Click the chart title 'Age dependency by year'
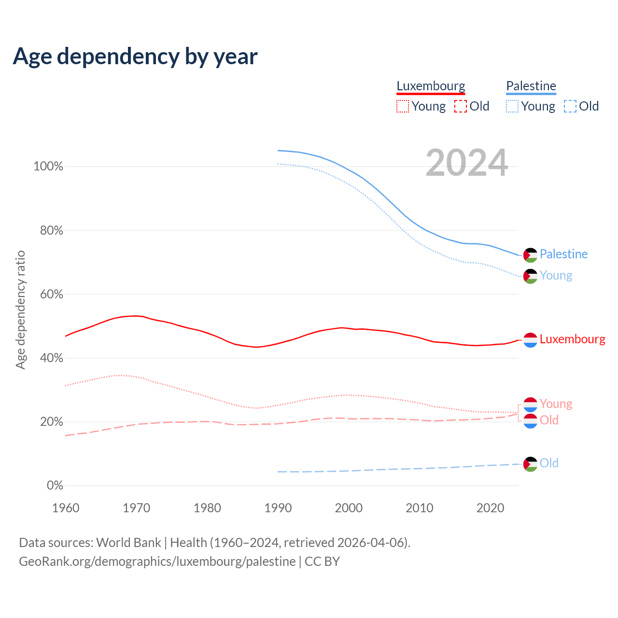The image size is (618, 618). click(135, 56)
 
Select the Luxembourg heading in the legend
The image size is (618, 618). click(431, 86)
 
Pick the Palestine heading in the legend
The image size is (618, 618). click(531, 86)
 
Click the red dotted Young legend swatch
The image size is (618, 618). click(403, 106)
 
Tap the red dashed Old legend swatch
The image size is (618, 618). click(461, 106)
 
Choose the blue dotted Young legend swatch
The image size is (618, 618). click(512, 106)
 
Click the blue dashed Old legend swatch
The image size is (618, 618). click(570, 106)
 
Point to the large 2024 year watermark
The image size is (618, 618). click(466, 163)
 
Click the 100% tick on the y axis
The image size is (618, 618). click(48, 167)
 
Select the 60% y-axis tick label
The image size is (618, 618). click(51, 295)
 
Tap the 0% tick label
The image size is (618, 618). click(55, 486)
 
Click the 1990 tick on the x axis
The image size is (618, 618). click(278, 508)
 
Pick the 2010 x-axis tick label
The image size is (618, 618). click(420, 508)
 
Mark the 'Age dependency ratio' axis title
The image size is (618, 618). click(20, 310)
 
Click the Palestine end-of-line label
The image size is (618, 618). click(563, 254)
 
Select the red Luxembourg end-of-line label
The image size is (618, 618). click(572, 339)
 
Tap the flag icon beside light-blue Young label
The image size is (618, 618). click(530, 276)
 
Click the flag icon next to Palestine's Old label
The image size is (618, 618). click(530, 464)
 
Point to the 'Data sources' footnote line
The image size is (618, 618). click(214, 543)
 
